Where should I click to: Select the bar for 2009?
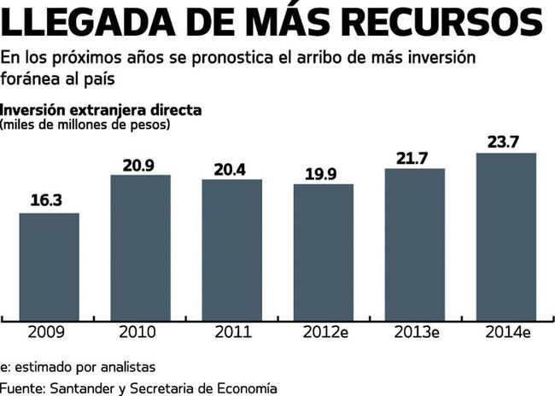click(50, 265)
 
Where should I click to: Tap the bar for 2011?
click(232, 248)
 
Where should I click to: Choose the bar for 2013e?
click(415, 242)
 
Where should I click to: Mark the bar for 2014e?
click(505, 235)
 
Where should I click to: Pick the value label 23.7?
click(505, 142)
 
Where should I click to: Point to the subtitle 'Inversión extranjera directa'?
click(102, 110)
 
